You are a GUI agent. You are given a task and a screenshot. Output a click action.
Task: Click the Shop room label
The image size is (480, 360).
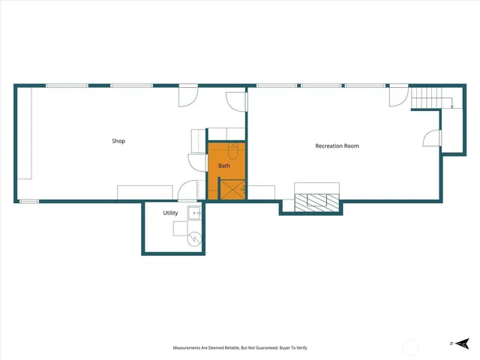[118, 141]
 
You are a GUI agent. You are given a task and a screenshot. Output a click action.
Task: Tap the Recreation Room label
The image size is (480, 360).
[337, 146]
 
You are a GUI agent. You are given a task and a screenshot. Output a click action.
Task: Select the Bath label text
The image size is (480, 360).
[224, 165]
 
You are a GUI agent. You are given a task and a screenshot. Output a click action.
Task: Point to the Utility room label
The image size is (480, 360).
[170, 214]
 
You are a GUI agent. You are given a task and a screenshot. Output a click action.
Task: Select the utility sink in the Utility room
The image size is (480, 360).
[196, 214]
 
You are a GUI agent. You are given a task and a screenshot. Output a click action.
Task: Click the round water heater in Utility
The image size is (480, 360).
[194, 239]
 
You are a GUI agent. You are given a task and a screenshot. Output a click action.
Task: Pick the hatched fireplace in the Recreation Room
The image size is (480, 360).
[317, 201]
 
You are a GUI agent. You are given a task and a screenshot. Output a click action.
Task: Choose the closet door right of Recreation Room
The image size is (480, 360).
[432, 139]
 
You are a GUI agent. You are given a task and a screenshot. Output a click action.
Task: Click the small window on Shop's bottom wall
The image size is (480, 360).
[28, 201]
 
